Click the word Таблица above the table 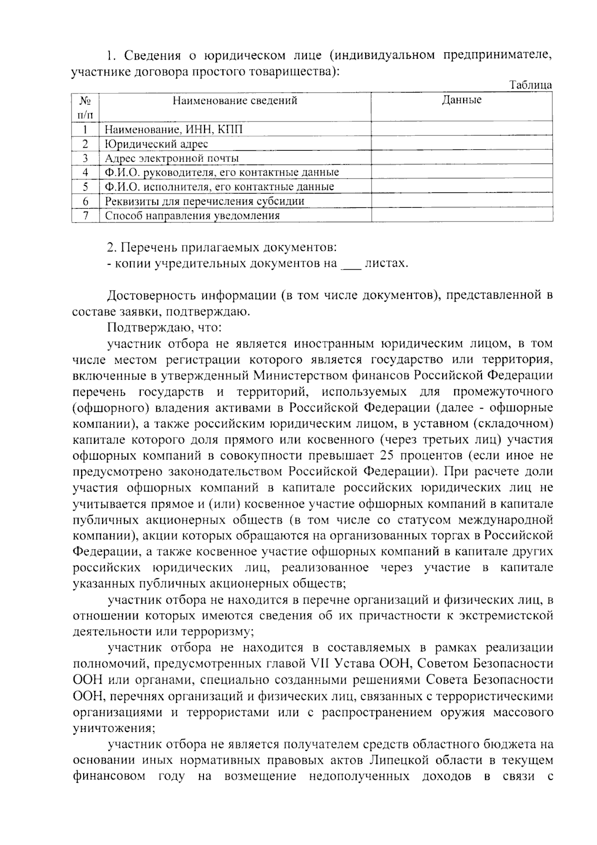pyautogui.click(x=531, y=85)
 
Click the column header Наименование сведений pyautogui.click(x=235, y=101)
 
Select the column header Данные pyautogui.click(x=462, y=100)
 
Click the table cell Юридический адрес pyautogui.click(x=156, y=144)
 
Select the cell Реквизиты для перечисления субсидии pyautogui.click(x=204, y=201)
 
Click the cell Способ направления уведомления pyautogui.click(x=192, y=215)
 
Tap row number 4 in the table pyautogui.click(x=86, y=172)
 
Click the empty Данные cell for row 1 pyautogui.click(x=462, y=129)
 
